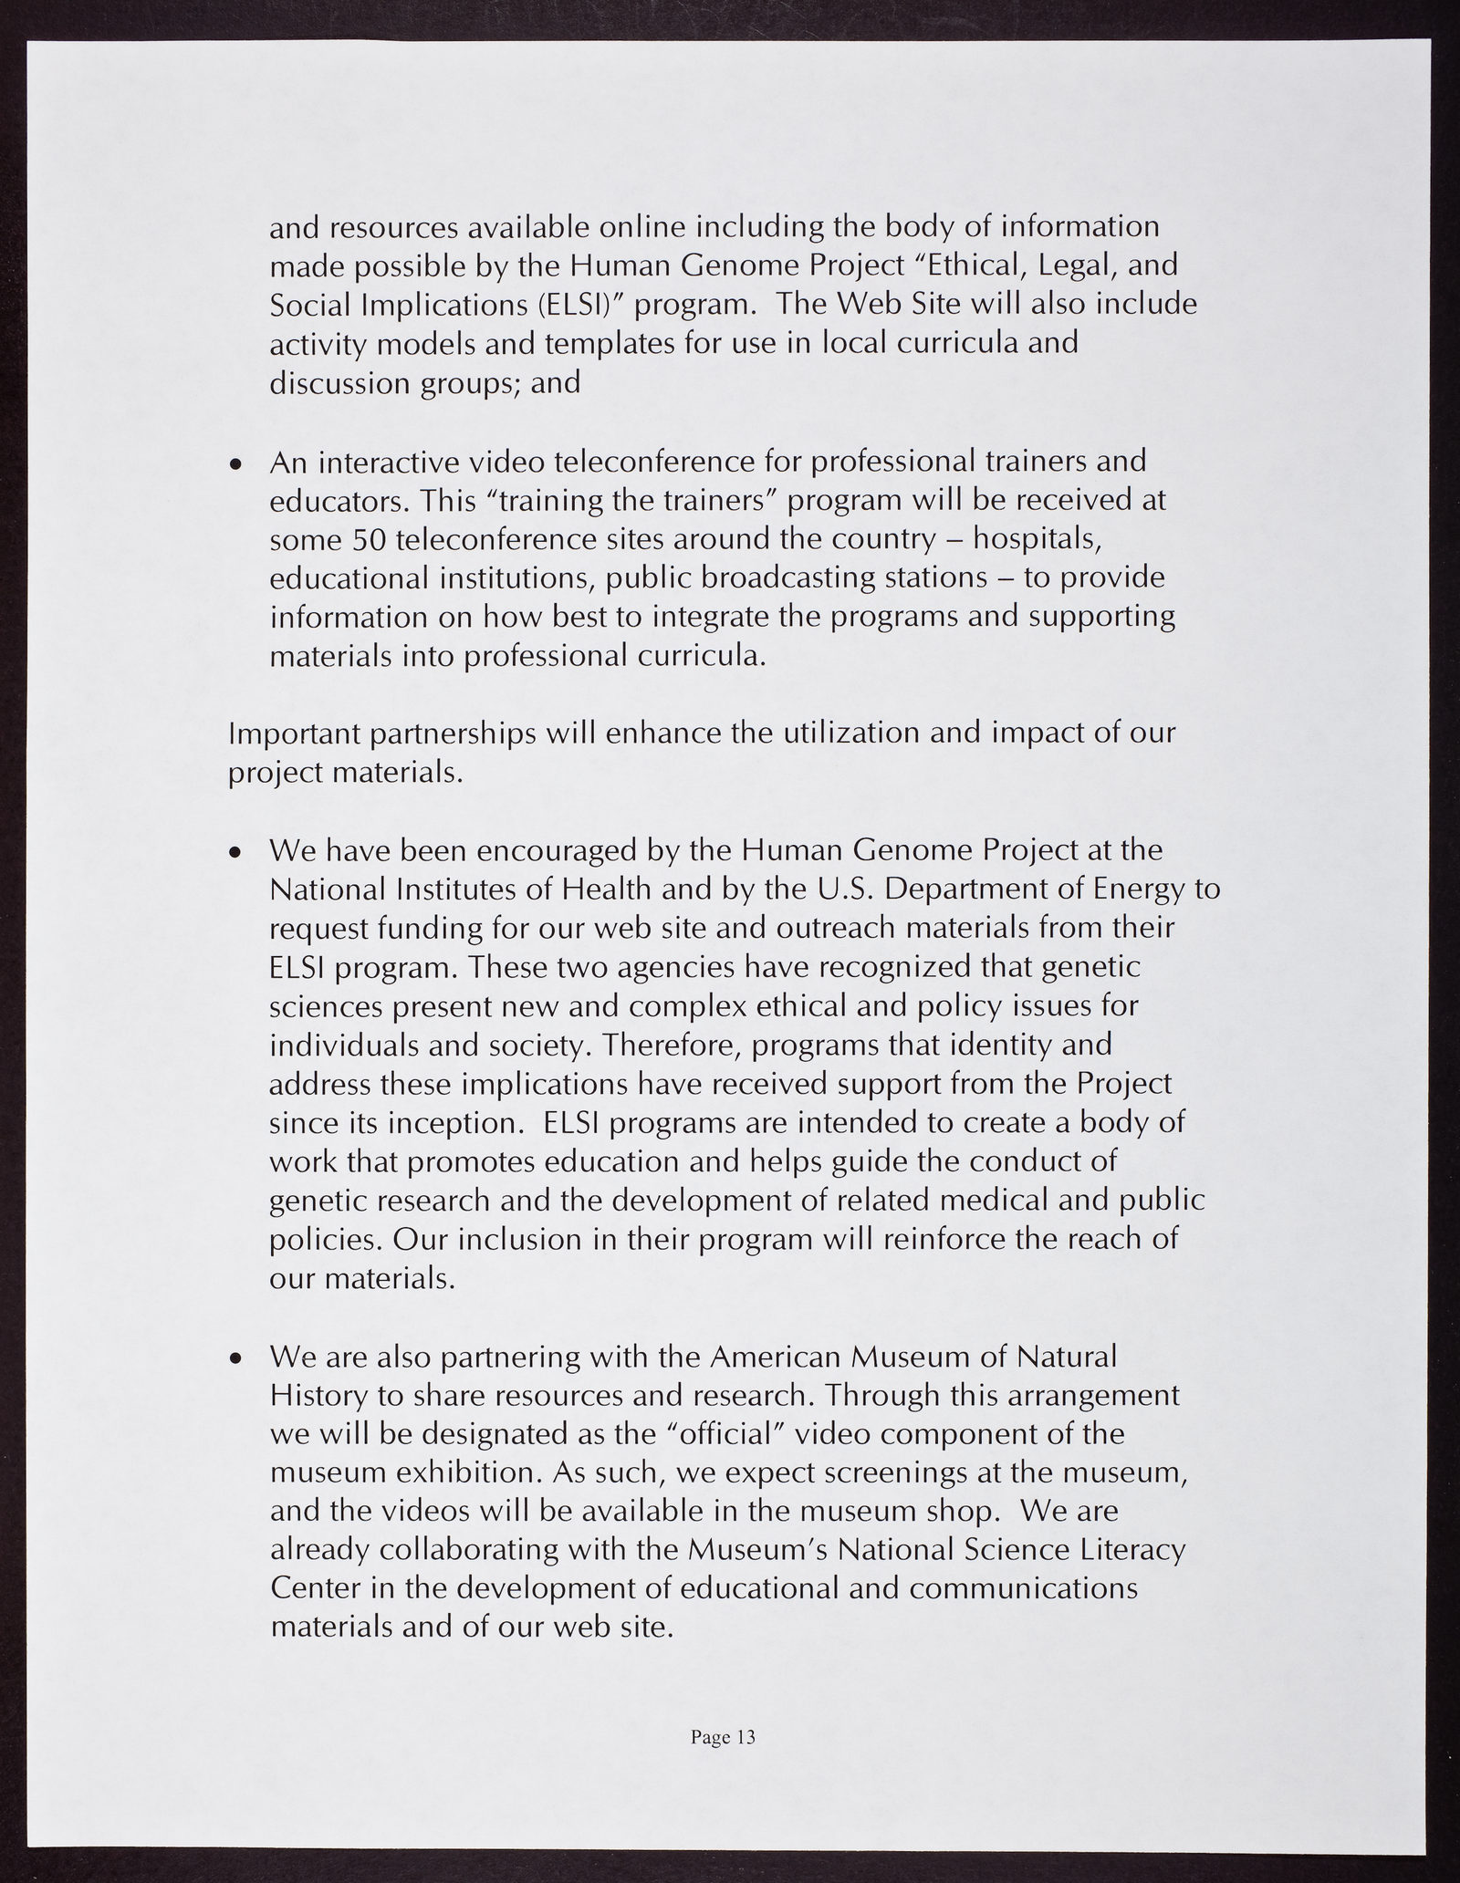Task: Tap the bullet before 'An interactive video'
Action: coord(236,465)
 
